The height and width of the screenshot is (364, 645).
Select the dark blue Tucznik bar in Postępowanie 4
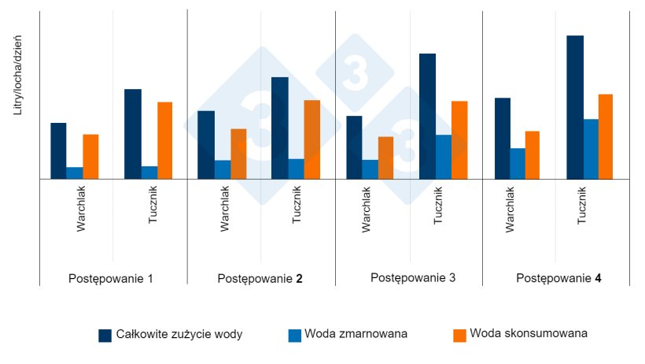[575, 107]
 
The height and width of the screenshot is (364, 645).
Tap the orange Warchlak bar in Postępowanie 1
[90, 157]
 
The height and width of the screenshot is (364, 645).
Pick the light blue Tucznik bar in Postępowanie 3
[444, 157]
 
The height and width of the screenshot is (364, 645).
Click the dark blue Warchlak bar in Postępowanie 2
[205, 145]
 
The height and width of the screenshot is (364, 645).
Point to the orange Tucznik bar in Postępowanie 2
[312, 139]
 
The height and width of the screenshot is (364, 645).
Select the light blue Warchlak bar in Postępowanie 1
[75, 173]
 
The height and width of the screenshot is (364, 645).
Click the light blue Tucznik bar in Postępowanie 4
[591, 149]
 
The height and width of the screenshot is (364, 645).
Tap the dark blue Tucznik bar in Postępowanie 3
[427, 116]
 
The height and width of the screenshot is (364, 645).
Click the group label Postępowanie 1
[111, 279]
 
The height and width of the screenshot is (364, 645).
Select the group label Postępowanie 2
[260, 279]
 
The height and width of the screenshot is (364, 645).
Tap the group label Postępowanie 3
[412, 278]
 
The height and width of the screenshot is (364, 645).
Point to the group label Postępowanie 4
[559, 278]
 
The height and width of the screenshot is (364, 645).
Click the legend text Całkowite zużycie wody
[179, 334]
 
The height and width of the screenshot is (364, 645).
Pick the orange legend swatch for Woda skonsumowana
[460, 335]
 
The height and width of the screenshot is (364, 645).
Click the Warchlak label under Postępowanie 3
[367, 209]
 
